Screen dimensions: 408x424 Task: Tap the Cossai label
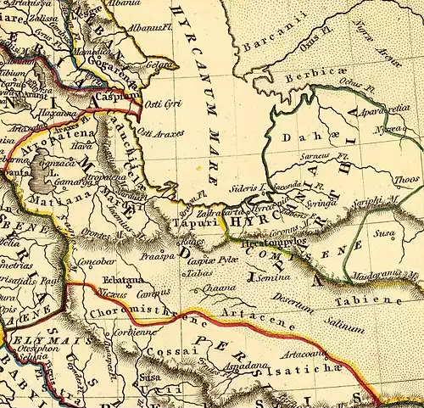161,352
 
